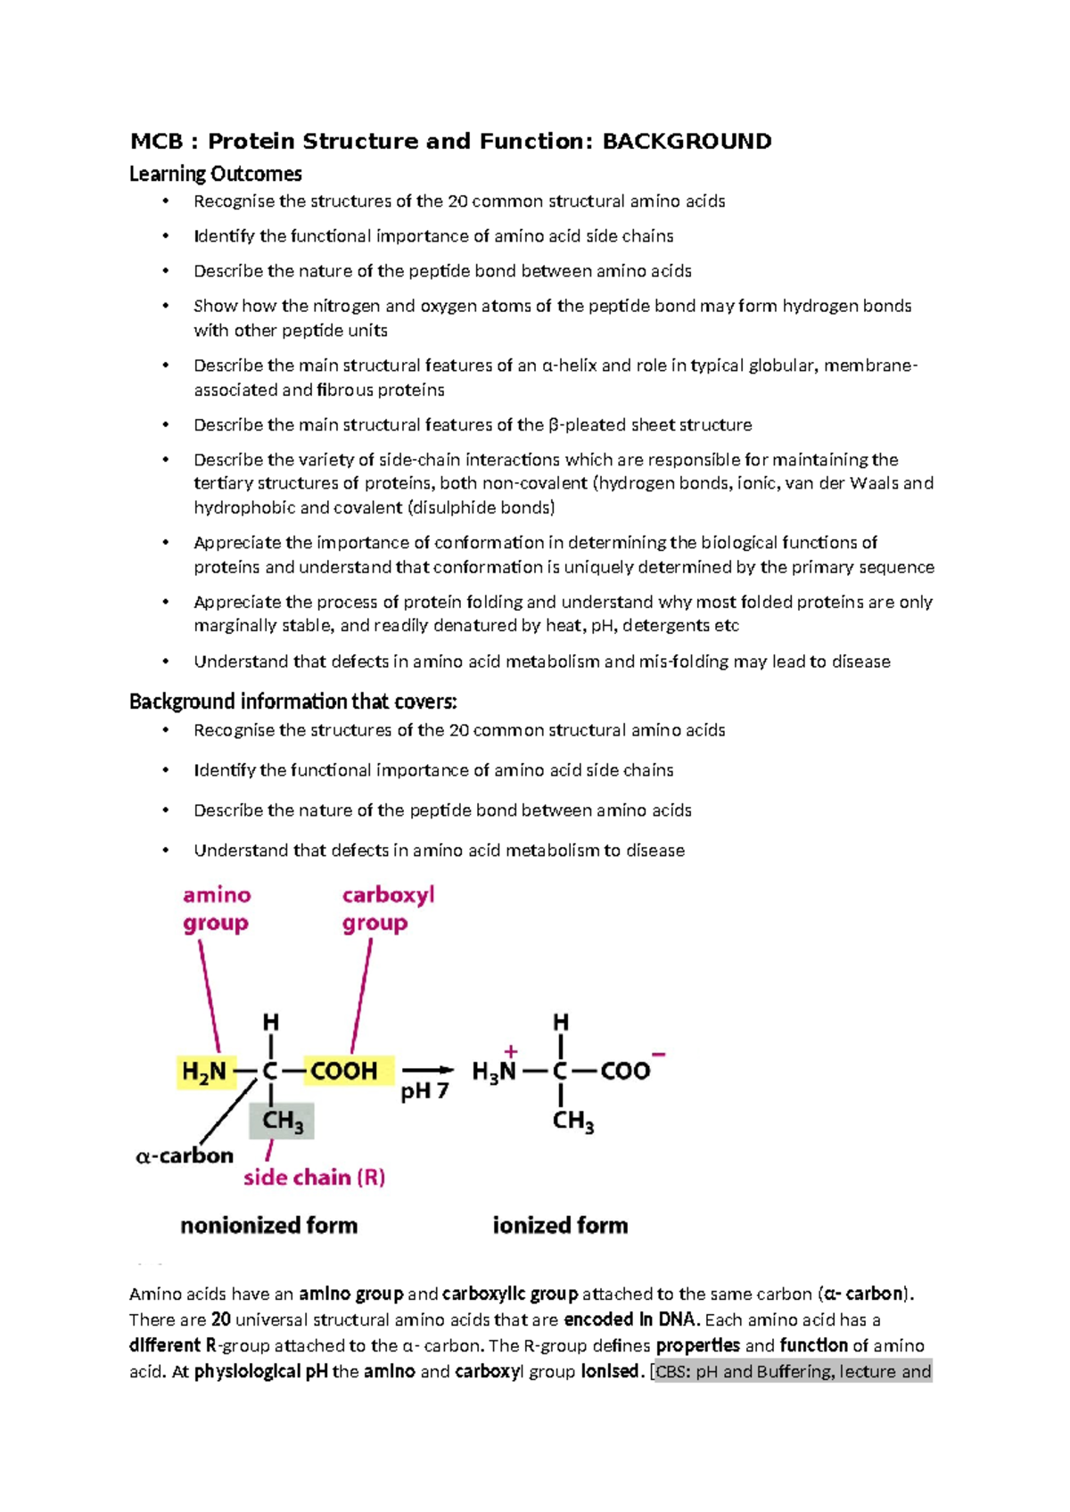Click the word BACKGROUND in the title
pyautogui.click(x=687, y=142)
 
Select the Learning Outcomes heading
pyautogui.click(x=216, y=174)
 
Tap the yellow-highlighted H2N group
pyautogui.click(x=205, y=1071)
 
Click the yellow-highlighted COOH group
pyautogui.click(x=344, y=1071)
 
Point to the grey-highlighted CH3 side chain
pyautogui.click(x=283, y=1121)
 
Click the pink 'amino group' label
pyautogui.click(x=217, y=908)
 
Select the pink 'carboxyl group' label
pyautogui.click(x=388, y=908)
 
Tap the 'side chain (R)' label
pyautogui.click(x=314, y=1178)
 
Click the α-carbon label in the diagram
pyautogui.click(x=185, y=1156)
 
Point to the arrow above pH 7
pyautogui.click(x=428, y=1070)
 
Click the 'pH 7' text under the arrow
pyautogui.click(x=425, y=1091)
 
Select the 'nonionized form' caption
pyautogui.click(x=268, y=1226)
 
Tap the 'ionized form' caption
pyautogui.click(x=560, y=1226)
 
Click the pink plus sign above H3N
pyautogui.click(x=511, y=1052)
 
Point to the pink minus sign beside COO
pyautogui.click(x=659, y=1055)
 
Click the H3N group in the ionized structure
pyautogui.click(x=494, y=1072)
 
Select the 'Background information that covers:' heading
pyautogui.click(x=292, y=702)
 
